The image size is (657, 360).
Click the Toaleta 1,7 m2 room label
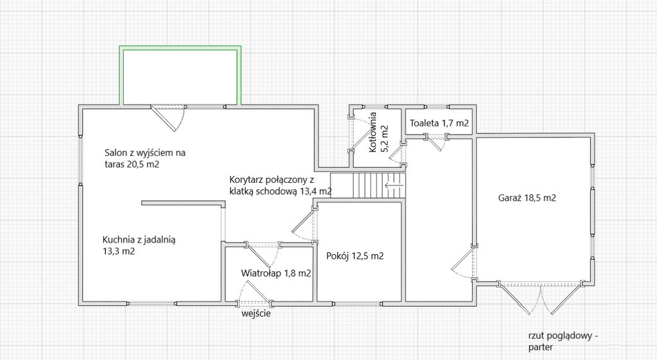tap(439, 123)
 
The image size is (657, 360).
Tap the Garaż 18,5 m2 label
tap(527, 198)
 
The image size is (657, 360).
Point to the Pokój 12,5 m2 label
tap(355, 255)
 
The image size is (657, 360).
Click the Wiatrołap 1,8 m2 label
tap(276, 273)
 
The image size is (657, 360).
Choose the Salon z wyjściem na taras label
tap(145, 158)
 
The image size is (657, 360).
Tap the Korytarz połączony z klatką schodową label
tap(281, 185)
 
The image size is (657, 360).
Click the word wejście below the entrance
tap(256, 313)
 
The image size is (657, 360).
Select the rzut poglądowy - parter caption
tap(563, 341)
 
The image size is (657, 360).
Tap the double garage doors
tap(540, 298)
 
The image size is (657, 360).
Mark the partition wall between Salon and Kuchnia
tap(183, 203)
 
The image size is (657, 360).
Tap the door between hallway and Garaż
tap(464, 262)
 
